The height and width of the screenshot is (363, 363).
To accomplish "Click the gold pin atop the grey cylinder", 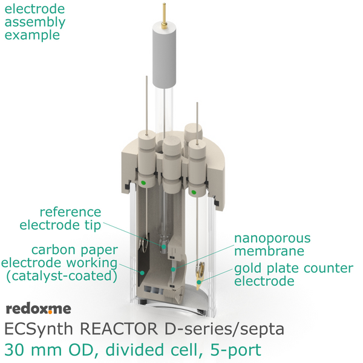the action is pyautogui.click(x=164, y=16).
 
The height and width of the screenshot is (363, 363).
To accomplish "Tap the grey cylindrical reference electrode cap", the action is pyautogui.click(x=164, y=56).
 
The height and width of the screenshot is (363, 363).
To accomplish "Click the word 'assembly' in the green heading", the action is pyautogui.click(x=35, y=22).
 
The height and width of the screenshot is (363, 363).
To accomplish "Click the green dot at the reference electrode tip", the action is pyautogui.click(x=164, y=247).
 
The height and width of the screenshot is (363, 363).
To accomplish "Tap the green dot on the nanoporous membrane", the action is pyautogui.click(x=173, y=269).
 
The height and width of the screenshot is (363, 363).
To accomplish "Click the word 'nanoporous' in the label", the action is pyautogui.click(x=272, y=238).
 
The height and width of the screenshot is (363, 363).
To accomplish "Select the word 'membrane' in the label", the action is pyautogui.click(x=269, y=251).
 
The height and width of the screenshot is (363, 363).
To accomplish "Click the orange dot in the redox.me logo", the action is pyautogui.click(x=50, y=312).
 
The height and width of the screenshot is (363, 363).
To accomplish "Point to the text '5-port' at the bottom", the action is pyautogui.click(x=236, y=350).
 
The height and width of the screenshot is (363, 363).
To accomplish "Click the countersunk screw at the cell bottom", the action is pyautogui.click(x=173, y=293).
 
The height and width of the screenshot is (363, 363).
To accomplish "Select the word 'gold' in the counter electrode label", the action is pyautogui.click(x=249, y=269).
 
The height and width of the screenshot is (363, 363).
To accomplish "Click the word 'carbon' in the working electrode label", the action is pyautogui.click(x=53, y=250).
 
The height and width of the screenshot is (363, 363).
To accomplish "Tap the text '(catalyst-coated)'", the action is pyautogui.click(x=62, y=276).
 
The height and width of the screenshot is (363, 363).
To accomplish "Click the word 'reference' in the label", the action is pyautogui.click(x=70, y=212).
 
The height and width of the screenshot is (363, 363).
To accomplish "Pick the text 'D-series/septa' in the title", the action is pyautogui.click(x=224, y=329).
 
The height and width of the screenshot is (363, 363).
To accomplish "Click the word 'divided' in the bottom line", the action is pyautogui.click(x=138, y=350).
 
